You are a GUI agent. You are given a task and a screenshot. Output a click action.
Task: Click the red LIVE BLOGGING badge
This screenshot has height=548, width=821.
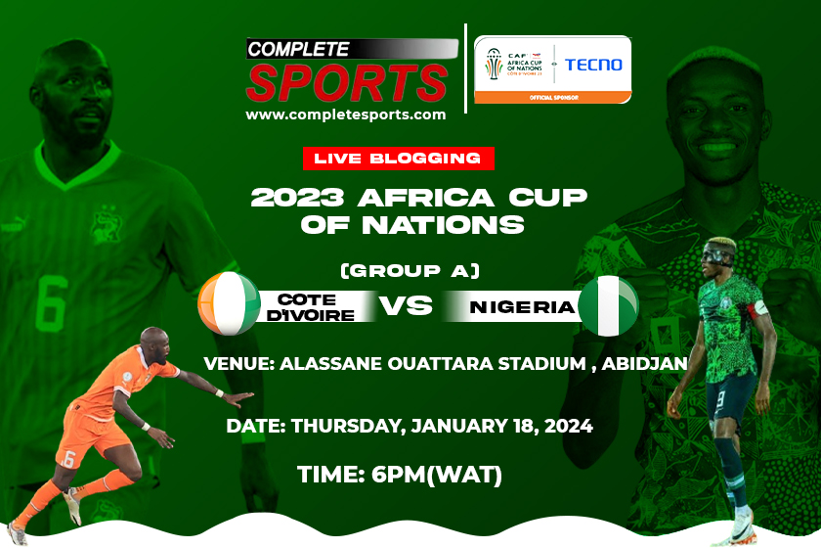pos(399,159)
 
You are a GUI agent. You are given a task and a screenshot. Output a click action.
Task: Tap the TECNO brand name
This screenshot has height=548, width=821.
pos(593,65)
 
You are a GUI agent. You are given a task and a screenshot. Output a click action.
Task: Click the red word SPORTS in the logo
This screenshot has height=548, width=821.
pos(347,83)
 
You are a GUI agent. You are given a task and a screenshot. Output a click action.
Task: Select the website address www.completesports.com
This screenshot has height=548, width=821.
pos(346,114)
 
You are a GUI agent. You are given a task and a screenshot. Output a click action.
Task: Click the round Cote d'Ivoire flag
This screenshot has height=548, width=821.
pos(229,303)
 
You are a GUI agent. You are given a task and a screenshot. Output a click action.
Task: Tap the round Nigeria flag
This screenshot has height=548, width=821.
pos(608,305)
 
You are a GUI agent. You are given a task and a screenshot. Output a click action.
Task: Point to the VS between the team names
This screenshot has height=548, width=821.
pos(406,305)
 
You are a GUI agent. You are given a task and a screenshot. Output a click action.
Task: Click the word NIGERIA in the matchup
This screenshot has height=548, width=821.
pos(523,306)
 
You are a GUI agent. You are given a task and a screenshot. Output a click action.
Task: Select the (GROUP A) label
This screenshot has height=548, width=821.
pos(410,271)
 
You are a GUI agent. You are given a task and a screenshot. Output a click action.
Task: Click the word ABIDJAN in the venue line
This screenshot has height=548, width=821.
pos(644,363)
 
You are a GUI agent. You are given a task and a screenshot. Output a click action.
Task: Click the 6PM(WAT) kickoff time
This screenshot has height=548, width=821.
pos(437,476)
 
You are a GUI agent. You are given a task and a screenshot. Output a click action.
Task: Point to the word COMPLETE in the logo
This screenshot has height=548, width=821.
pos(298,49)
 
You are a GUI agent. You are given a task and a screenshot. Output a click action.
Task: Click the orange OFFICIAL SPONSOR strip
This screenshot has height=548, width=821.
pos(553,98)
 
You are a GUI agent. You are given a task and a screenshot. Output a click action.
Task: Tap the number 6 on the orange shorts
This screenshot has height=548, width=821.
pos(68,461)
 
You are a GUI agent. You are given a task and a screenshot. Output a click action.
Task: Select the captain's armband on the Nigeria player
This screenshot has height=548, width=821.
pos(758,309)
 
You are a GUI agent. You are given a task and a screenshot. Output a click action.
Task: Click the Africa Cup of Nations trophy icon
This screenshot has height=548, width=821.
pos(493,64)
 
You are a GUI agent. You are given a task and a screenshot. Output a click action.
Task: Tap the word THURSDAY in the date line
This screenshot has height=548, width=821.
pos(348,427)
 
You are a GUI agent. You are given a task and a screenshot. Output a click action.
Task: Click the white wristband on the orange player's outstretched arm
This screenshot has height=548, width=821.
pos(219,393)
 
